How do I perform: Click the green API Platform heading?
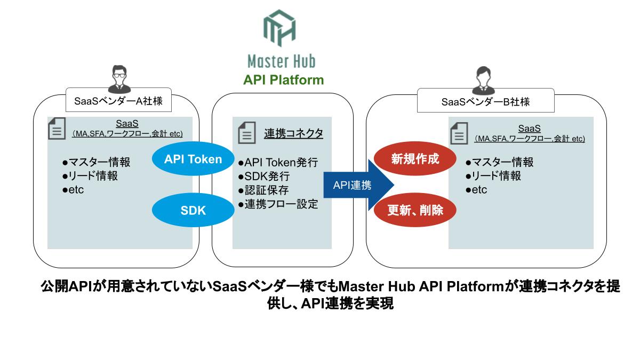pyautogui.click(x=283, y=80)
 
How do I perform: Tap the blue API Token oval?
pyautogui.click(x=193, y=159)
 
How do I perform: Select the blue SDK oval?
pyautogui.click(x=193, y=210)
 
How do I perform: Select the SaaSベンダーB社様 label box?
pyautogui.click(x=485, y=101)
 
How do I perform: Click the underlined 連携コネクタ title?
pyautogui.click(x=294, y=133)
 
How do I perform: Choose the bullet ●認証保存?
pyautogui.click(x=263, y=190)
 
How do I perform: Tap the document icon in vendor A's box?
pyautogui.click(x=57, y=129)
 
